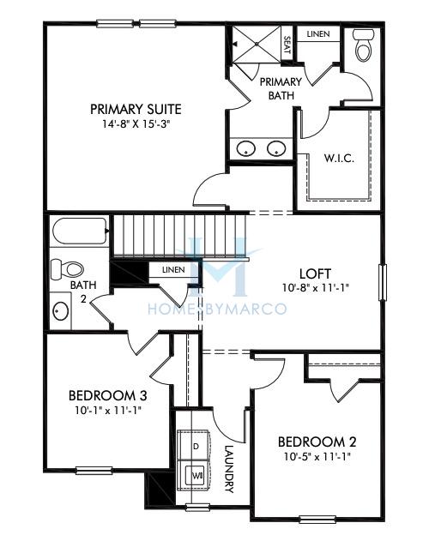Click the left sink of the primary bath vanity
coord(245,148)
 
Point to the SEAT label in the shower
coord(287,45)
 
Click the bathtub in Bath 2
coord(80,231)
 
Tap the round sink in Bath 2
coord(61,310)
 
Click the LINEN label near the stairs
coord(172,270)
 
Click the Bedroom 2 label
coord(317,442)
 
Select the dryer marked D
coord(196,447)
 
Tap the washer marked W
coord(196,473)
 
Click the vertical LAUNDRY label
coord(229,469)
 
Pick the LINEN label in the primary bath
coord(317,33)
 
